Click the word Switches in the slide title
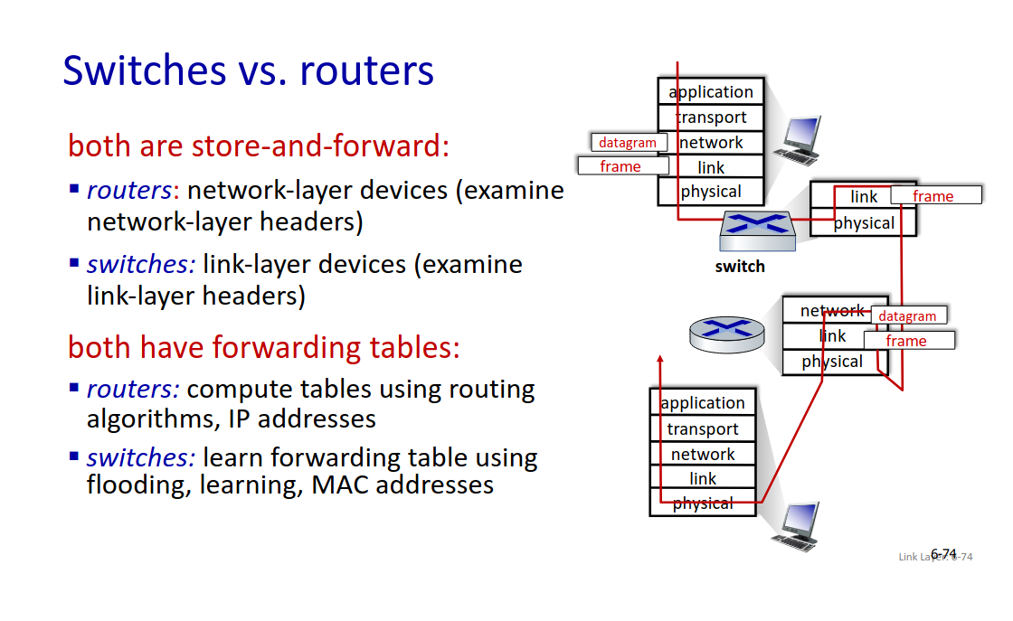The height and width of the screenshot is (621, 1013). click(x=141, y=71)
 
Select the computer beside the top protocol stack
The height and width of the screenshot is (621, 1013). click(x=800, y=141)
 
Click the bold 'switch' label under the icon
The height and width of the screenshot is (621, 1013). click(x=740, y=267)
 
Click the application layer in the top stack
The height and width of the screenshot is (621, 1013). click(x=711, y=92)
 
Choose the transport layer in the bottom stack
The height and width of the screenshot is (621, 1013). click(x=703, y=428)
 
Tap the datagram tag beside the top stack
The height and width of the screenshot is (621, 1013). click(x=629, y=143)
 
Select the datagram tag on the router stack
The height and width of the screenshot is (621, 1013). click(x=907, y=316)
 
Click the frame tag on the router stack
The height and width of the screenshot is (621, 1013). click(x=907, y=341)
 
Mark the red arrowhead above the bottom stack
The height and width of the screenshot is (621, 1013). click(x=660, y=361)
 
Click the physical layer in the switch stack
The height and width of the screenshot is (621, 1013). click(x=864, y=222)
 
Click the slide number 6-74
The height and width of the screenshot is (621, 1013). click(x=943, y=554)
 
